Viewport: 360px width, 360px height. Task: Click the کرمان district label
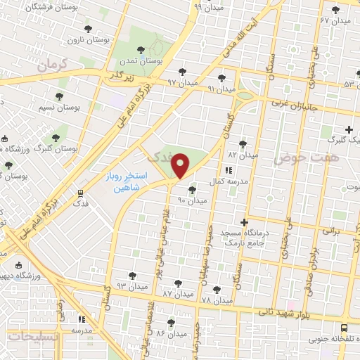52,65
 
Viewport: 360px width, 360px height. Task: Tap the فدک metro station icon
79,192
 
